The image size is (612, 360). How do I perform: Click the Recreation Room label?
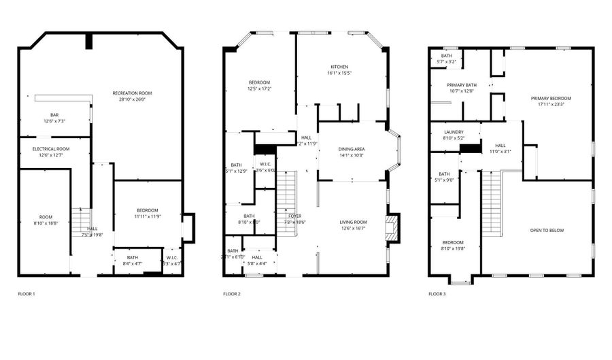[x=132, y=93]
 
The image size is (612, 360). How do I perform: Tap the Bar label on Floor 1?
[x=54, y=114]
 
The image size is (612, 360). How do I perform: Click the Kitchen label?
[x=339, y=67]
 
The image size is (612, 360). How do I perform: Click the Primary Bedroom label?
[x=551, y=98]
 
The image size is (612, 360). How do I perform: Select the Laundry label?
[x=454, y=132]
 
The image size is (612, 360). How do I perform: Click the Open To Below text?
[x=547, y=230]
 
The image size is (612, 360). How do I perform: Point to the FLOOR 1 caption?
[x=27, y=294]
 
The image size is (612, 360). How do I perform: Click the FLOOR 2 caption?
[x=232, y=294]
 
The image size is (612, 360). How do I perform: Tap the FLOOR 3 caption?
[x=437, y=294]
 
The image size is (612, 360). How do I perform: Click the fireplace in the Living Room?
[x=391, y=228]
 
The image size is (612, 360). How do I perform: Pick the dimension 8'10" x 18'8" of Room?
[x=46, y=223]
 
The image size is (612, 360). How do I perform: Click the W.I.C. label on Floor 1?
[x=171, y=257]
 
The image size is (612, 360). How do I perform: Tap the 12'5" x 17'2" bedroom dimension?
[x=259, y=88]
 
